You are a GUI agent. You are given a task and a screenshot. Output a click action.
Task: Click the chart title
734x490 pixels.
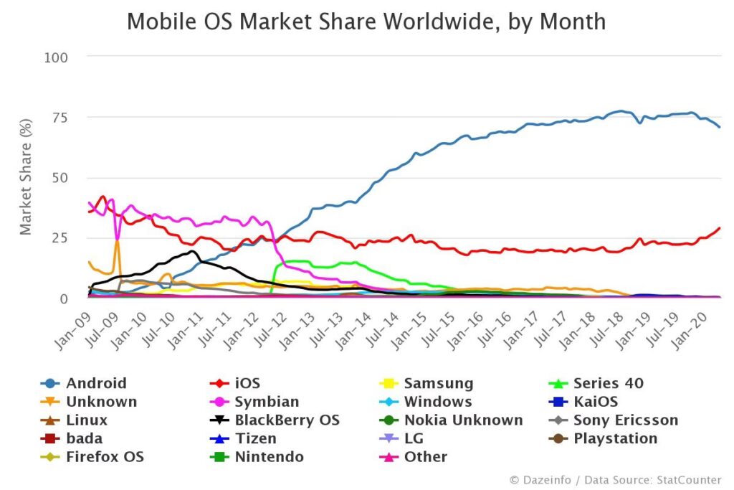click(366, 22)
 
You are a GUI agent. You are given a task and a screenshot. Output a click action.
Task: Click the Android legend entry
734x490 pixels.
click(96, 383)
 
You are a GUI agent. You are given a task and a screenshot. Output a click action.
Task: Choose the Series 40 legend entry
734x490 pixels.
click(608, 383)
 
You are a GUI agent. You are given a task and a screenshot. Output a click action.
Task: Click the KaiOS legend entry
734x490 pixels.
click(595, 402)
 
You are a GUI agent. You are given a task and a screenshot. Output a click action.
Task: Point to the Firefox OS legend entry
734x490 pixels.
click(105, 457)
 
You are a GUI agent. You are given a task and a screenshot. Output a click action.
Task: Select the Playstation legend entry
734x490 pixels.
click(615, 438)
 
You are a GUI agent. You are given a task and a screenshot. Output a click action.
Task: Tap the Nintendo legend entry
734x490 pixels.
click(270, 457)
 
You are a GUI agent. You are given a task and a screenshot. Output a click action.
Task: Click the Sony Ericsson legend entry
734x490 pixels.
click(625, 420)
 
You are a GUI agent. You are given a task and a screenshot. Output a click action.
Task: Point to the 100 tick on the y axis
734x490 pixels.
click(56, 56)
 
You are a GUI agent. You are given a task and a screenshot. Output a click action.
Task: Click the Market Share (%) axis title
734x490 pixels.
click(26, 178)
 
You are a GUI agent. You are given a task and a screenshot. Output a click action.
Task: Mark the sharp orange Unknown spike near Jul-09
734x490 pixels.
click(117, 242)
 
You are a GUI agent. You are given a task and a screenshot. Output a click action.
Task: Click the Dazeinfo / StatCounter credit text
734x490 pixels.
click(616, 479)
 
